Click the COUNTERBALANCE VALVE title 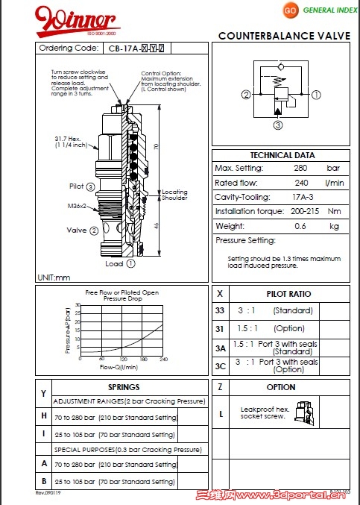pyautogui.click(x=284, y=36)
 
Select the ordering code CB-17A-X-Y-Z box pyautogui.click(x=136, y=48)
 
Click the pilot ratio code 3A pyautogui.click(x=220, y=348)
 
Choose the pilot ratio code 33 pyautogui.click(x=220, y=310)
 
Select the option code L pyautogui.click(x=220, y=413)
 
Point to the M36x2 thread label pyautogui.click(x=78, y=206)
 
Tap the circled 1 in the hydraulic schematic pyautogui.click(x=315, y=95)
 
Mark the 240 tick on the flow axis pyautogui.click(x=163, y=359)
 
